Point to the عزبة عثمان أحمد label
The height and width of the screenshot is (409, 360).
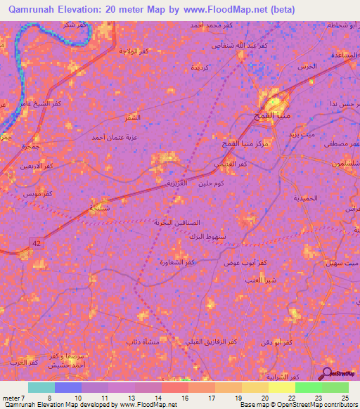(x=115, y=137)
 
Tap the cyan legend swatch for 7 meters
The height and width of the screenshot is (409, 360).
(x=41, y=387)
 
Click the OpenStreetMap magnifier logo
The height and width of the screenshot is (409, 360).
(x=328, y=372)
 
